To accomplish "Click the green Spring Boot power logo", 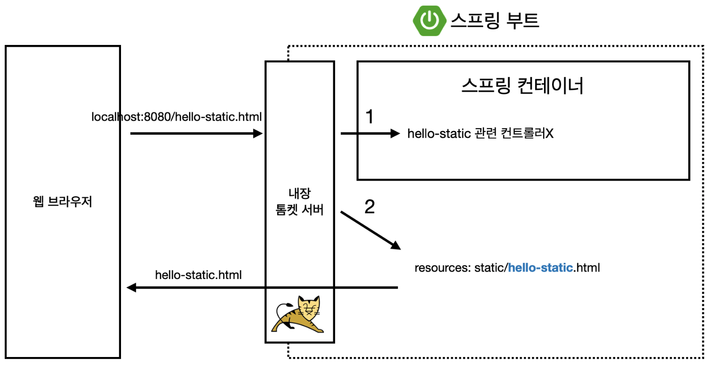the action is [x=430, y=20].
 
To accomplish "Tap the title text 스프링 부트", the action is [x=494, y=20].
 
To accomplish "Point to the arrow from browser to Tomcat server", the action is [x=196, y=134].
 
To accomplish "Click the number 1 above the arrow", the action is [x=370, y=117].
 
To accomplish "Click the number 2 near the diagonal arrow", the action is [x=370, y=207].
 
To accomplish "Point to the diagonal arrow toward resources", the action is [x=370, y=230].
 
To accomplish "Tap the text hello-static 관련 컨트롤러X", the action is [x=480, y=134].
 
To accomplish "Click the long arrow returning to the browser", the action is [x=263, y=288].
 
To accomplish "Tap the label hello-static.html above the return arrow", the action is [x=199, y=274].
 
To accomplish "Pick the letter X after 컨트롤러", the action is [x=549, y=134].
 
